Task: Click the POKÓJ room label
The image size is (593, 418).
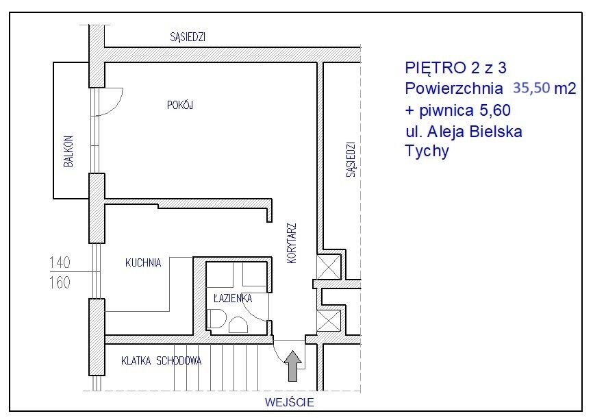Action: tap(180, 105)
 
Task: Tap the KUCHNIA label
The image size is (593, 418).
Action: tap(143, 262)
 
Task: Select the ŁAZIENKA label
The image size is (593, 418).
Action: tap(233, 298)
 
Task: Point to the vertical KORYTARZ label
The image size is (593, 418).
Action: tap(292, 243)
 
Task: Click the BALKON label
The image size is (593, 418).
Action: tap(68, 151)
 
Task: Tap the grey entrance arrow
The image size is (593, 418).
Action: tap(293, 366)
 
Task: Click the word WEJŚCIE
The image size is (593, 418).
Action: tap(290, 402)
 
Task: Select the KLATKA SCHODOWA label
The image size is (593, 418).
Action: tap(161, 361)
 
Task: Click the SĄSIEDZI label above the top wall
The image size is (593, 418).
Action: tap(188, 37)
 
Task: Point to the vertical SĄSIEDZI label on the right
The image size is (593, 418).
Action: tap(351, 160)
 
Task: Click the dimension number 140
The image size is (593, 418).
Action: tap(60, 262)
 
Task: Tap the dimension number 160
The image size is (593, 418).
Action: tap(60, 282)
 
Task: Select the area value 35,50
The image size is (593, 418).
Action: tap(531, 88)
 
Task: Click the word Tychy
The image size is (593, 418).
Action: tap(427, 151)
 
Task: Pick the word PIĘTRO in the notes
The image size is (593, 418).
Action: tap(436, 68)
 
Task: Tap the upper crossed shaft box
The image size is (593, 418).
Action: tap(328, 267)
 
